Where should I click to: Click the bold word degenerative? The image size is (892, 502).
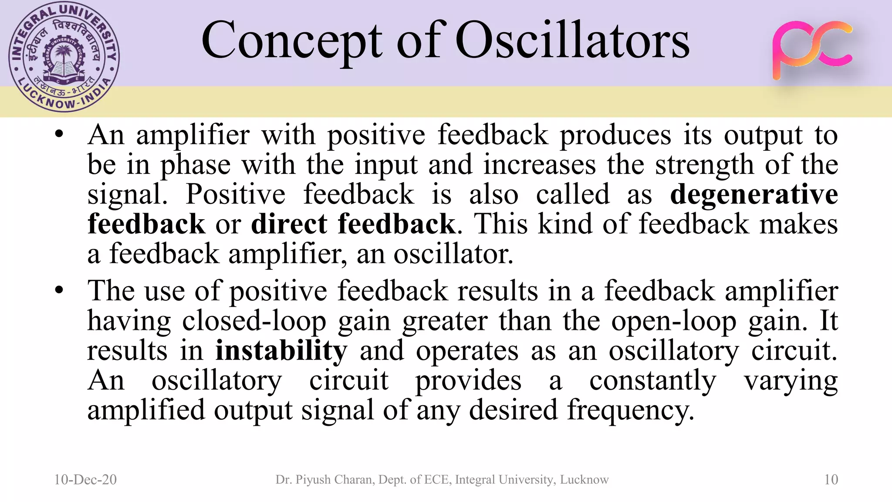point(753,194)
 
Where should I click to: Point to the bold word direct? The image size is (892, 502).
point(289,224)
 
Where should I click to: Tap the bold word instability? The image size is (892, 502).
point(281,350)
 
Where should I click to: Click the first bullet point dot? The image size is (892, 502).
point(60,134)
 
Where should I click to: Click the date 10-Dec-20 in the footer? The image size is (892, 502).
point(85,479)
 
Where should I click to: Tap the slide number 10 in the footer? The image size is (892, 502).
point(831,479)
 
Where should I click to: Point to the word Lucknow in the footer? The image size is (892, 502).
point(584,479)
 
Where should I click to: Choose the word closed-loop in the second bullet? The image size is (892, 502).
point(254,321)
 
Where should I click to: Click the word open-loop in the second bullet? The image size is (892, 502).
point(674,321)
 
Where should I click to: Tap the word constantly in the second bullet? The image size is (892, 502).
point(652,380)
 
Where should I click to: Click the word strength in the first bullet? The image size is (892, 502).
point(704,165)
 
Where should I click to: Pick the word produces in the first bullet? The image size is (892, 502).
point(615,135)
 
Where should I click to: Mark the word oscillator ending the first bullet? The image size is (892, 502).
point(453,254)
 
